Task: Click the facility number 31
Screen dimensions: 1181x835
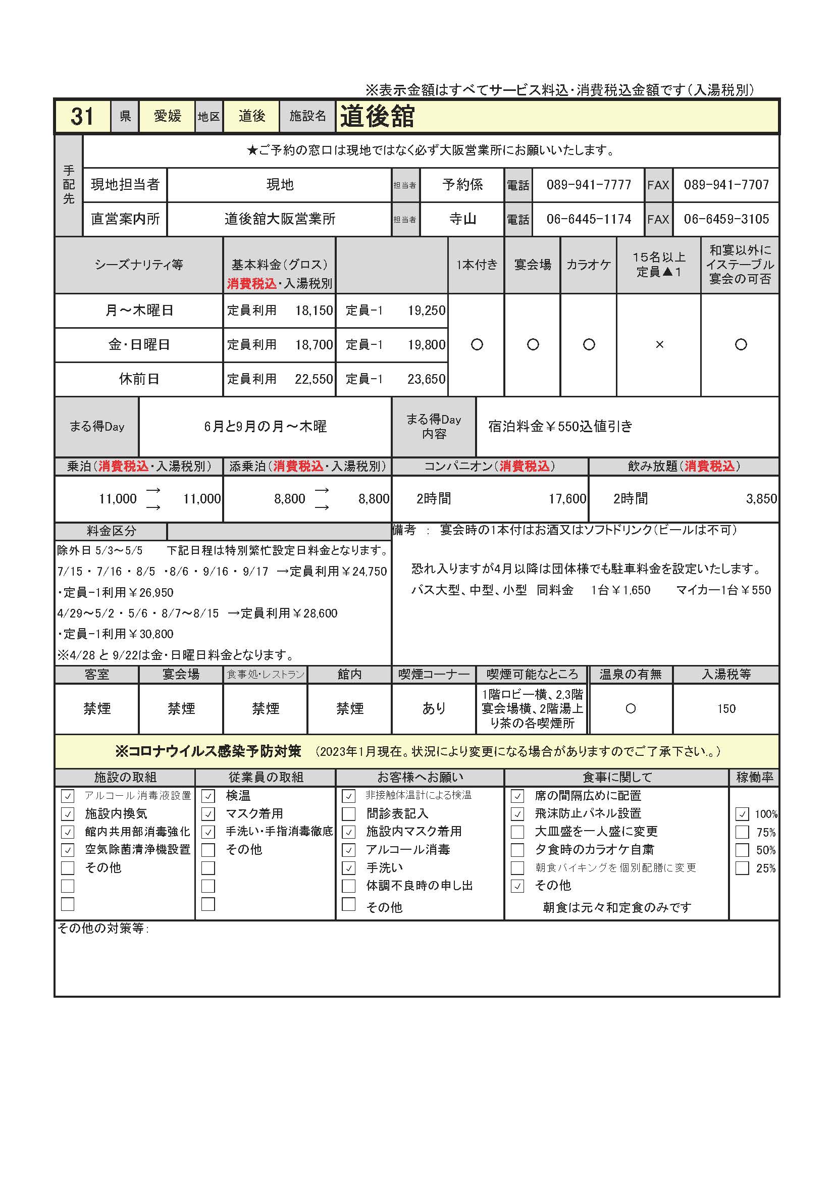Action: point(82,116)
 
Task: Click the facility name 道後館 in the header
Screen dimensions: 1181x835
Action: point(378,116)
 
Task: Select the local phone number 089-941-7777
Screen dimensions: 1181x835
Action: point(589,185)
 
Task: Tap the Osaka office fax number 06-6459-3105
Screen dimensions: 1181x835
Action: point(726,219)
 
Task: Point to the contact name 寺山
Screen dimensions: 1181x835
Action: point(462,219)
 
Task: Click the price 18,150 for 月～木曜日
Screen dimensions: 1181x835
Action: point(314,311)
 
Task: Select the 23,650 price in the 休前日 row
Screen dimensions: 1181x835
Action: point(426,379)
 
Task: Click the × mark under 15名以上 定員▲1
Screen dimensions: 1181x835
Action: point(659,345)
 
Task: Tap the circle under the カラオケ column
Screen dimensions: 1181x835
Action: point(589,345)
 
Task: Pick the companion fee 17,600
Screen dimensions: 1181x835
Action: point(567,498)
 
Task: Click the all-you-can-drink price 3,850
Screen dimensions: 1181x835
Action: point(761,498)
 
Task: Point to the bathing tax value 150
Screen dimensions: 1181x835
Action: point(726,709)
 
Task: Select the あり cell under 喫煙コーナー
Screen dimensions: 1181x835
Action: point(434,709)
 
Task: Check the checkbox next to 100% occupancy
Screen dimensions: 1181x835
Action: point(742,814)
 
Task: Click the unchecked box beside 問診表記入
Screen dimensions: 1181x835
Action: point(349,814)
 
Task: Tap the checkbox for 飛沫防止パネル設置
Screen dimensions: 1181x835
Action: point(517,814)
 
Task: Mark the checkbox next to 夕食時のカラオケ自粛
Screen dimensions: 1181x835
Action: point(517,850)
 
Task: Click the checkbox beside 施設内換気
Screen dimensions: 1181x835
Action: point(67,814)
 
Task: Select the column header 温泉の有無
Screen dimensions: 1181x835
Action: point(631,675)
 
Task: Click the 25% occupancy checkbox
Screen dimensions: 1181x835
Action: point(742,868)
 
